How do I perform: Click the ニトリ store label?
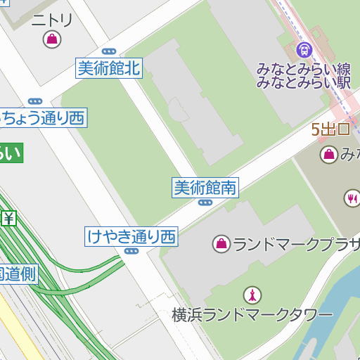(51, 20)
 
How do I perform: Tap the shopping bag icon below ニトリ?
(51, 39)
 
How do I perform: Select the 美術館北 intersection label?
(109, 68)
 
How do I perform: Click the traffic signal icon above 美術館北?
(108, 51)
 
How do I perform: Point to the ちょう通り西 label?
(42, 117)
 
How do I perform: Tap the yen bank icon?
(8, 219)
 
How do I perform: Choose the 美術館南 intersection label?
(205, 187)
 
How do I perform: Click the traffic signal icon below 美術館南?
(205, 202)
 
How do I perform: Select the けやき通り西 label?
(131, 236)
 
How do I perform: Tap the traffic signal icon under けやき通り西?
(131, 251)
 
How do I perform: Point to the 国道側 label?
(18, 274)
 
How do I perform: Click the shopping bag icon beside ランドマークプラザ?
(221, 244)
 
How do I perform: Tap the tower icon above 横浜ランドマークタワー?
(251, 295)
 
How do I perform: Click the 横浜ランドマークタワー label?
(252, 315)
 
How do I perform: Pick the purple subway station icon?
(304, 49)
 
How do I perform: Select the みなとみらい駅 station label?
(304, 82)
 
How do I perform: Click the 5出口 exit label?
(330, 129)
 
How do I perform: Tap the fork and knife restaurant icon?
(352, 198)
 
